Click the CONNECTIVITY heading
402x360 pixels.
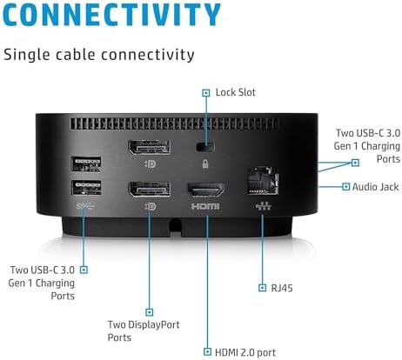(x=111, y=15)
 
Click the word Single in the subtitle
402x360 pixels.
(x=27, y=55)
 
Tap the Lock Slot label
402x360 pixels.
(x=235, y=92)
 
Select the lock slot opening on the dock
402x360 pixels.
(x=205, y=147)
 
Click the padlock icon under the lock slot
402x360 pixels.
(x=205, y=164)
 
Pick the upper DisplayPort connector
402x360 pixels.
(x=149, y=147)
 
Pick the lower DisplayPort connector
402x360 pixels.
(x=150, y=190)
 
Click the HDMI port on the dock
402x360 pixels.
(x=206, y=190)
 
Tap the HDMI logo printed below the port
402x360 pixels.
(x=205, y=206)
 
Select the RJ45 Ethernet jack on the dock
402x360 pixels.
(x=263, y=181)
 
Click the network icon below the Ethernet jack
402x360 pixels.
(x=264, y=206)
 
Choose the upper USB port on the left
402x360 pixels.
(x=86, y=163)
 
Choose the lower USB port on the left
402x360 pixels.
(x=86, y=188)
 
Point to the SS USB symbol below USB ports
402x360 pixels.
(x=85, y=206)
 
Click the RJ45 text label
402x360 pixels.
(x=282, y=288)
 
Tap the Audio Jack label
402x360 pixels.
(x=376, y=187)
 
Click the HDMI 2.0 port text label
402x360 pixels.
(x=245, y=352)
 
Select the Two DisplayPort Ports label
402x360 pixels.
(x=144, y=330)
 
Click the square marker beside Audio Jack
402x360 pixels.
(x=345, y=186)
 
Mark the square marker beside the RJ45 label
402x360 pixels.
(x=262, y=288)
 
